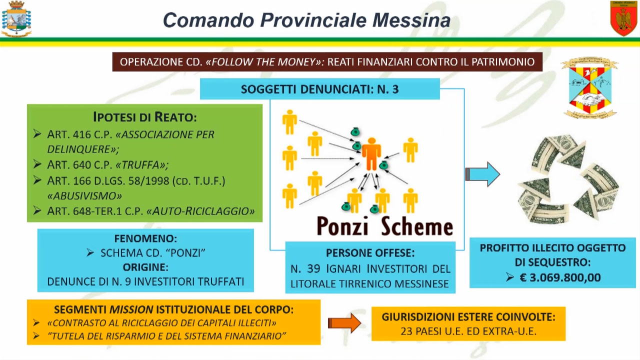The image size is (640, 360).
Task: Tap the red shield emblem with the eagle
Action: (623, 18)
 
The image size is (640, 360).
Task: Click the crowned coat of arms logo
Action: (16, 19)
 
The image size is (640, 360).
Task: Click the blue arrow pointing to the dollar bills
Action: (482, 174)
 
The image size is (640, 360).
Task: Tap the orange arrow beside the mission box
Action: (344, 323)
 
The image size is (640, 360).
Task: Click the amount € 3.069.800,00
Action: (560, 277)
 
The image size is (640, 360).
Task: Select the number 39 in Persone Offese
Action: (313, 269)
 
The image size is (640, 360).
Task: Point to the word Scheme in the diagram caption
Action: (417, 225)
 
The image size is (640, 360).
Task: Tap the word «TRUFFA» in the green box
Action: (142, 165)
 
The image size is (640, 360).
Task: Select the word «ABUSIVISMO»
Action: (84, 196)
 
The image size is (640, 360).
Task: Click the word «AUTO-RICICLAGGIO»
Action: (200, 211)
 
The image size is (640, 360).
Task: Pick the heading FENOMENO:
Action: (145, 238)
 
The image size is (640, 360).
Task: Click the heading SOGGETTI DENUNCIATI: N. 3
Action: (319, 89)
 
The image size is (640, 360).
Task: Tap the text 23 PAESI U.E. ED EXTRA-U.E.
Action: (468, 331)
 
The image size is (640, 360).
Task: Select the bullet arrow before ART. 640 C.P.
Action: (37, 164)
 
